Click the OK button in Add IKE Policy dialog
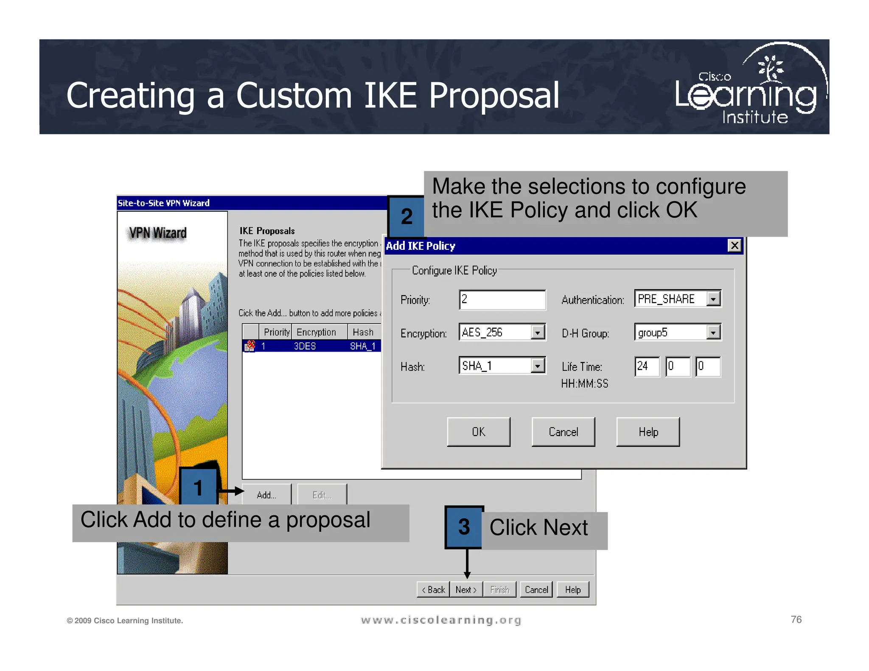478,432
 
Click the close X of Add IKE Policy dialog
734,246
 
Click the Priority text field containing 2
502,299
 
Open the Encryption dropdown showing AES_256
537,333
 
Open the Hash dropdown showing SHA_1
537,366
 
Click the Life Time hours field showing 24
646,366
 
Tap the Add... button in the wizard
266,495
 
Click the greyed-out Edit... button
322,495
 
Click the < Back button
433,590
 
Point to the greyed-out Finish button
499,590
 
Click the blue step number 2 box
406,216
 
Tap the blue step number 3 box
464,527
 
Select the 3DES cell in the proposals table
305,346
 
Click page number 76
796,620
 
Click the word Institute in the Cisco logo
755,117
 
